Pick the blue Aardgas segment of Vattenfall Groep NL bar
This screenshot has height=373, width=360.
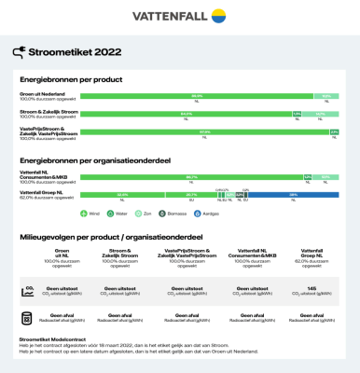point(293,195)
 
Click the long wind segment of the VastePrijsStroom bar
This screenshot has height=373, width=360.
point(203,131)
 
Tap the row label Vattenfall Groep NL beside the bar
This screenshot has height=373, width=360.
point(42,193)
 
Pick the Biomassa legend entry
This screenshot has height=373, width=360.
point(220,214)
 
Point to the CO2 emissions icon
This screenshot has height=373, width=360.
point(29,292)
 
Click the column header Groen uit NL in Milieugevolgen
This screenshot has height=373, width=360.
point(62,252)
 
